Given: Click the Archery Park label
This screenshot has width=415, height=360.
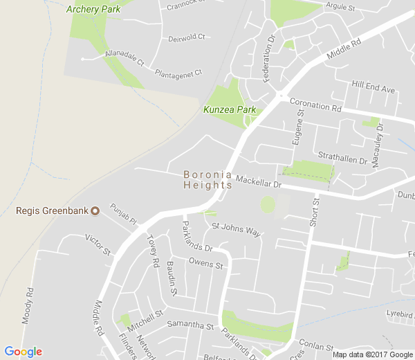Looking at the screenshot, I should point(93,9).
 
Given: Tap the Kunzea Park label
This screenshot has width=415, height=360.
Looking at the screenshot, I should point(230,109).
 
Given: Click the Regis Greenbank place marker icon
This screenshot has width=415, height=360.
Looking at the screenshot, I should point(95,210).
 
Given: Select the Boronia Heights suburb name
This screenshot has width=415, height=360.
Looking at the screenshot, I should point(207,180).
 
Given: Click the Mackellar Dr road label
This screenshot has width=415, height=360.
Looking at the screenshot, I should point(259,182).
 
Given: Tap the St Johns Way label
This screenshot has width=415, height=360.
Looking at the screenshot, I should point(237,229).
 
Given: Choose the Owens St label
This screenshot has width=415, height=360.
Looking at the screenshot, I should point(206,264).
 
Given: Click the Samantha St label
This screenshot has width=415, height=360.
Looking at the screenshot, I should point(188,325).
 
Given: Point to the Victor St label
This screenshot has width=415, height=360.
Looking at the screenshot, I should point(98,244).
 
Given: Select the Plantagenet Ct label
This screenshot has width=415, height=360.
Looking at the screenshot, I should point(178,72).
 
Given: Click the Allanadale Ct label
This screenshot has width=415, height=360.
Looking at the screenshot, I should point(124,57).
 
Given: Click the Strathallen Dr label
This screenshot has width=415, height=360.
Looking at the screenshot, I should point(342,157).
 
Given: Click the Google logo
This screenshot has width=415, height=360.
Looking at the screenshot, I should point(23,352).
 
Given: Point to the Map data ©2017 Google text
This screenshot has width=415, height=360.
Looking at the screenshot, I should point(371,354).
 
